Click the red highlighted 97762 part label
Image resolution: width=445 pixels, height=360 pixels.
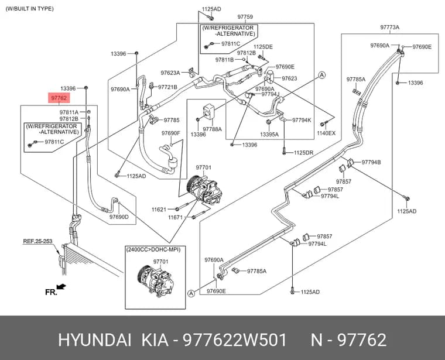click(x=59, y=98)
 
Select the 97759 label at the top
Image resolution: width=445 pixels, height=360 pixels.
click(x=245, y=17)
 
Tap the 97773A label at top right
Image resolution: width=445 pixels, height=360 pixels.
click(x=389, y=28)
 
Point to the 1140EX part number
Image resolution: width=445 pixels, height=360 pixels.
click(x=326, y=133)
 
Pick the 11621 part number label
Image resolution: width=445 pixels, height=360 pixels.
click(x=159, y=210)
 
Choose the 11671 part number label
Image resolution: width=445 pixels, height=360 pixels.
click(x=176, y=218)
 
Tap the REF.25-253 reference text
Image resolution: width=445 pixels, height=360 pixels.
click(x=37, y=241)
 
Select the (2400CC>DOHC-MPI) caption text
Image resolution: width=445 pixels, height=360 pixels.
click(x=153, y=249)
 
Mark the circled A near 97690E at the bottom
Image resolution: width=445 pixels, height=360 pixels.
click(x=191, y=293)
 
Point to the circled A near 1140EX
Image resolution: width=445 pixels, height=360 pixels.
click(x=322, y=75)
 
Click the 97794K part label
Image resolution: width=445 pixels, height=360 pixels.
click(x=302, y=120)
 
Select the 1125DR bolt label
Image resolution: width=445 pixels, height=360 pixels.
click(x=303, y=153)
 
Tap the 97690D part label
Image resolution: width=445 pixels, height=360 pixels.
click(x=119, y=217)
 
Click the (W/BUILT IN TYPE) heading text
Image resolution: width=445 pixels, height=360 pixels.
click(x=29, y=9)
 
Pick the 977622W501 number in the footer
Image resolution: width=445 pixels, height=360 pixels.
click(x=235, y=340)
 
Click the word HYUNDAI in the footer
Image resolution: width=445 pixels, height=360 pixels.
click(x=95, y=340)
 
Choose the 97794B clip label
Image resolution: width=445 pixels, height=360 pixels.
click(x=371, y=162)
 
